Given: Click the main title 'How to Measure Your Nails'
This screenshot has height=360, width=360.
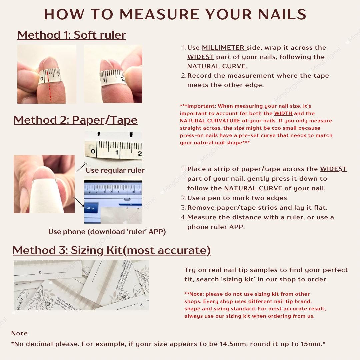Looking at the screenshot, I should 175,14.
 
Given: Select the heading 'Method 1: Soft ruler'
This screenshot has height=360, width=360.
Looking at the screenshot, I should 71,35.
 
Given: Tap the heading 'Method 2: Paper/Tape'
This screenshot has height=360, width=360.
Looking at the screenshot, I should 75,120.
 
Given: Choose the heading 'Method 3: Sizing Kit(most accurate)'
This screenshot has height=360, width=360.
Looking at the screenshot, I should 112,250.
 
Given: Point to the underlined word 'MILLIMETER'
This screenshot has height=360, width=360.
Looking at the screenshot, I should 223,48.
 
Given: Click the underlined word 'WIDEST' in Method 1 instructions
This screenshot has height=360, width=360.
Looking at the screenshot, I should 200,57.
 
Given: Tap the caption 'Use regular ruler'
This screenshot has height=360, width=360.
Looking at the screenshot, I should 115,170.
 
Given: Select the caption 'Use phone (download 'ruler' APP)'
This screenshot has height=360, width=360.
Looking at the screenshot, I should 107,231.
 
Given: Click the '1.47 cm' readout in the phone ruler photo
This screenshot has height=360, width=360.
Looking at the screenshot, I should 90,208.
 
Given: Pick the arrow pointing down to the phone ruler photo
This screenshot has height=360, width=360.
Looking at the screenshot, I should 79,201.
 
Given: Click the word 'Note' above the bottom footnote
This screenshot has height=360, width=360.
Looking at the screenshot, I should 19,333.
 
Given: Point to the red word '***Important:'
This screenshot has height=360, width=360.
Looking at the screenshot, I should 197,106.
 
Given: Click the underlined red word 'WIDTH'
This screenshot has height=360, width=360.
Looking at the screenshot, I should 283,113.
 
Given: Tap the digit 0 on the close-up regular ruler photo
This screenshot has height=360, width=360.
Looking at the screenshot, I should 93,152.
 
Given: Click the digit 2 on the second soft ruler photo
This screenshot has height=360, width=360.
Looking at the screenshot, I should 123,79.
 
